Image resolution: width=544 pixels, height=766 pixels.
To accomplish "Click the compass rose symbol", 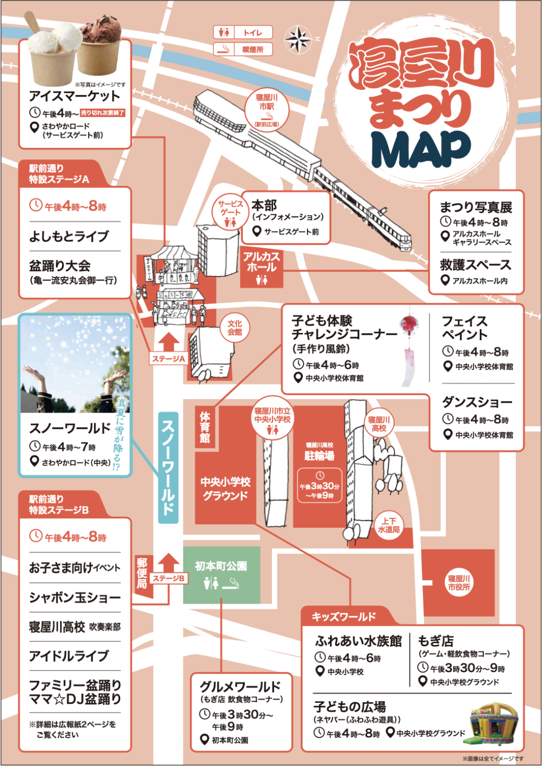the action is click(x=298, y=39).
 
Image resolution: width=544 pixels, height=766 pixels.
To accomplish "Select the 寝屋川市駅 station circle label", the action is click(x=267, y=110).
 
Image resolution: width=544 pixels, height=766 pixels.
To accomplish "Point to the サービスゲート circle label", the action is click(x=231, y=213).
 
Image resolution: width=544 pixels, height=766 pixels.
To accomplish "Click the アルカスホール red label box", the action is click(x=262, y=268).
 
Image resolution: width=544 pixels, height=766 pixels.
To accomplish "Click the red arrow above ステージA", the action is click(x=169, y=342).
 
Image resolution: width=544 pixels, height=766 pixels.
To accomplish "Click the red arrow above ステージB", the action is click(x=169, y=563).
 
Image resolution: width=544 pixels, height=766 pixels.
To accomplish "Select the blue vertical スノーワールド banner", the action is click(x=168, y=468).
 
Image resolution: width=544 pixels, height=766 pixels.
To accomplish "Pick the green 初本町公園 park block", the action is click(x=222, y=575).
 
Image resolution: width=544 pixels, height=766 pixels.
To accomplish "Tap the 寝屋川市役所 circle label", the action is click(x=459, y=583).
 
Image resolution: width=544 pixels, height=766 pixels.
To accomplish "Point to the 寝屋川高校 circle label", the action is click(x=379, y=423).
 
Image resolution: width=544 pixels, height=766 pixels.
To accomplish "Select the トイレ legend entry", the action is click(x=243, y=32).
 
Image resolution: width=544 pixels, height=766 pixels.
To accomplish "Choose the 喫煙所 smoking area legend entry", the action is click(x=243, y=49).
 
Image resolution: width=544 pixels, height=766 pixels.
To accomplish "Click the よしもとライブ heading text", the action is click(x=69, y=237).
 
